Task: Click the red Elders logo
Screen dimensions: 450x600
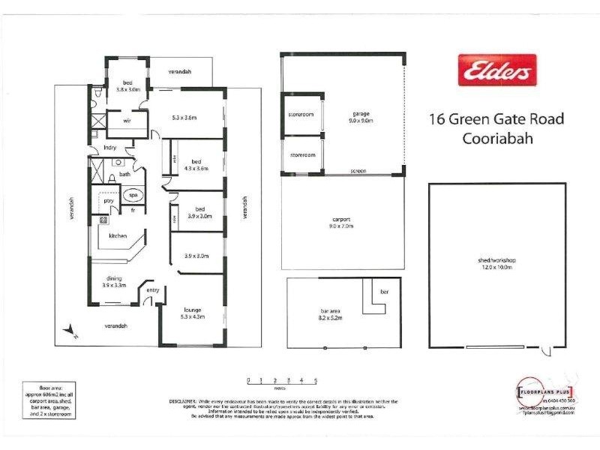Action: [x=497, y=72]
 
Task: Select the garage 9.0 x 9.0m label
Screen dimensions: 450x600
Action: [x=360, y=117]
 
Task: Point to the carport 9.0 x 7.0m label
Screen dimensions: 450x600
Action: [x=342, y=222]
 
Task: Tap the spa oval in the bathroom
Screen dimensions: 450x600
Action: [x=133, y=195]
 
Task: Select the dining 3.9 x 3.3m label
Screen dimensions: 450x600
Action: [x=113, y=281]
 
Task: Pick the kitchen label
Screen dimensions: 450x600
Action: [x=118, y=235]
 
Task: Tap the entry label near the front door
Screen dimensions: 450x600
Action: [x=153, y=291]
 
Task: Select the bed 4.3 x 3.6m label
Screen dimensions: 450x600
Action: [x=196, y=166]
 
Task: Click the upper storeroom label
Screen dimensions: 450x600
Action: [x=301, y=115]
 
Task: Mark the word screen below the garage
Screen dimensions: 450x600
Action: [x=358, y=172]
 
